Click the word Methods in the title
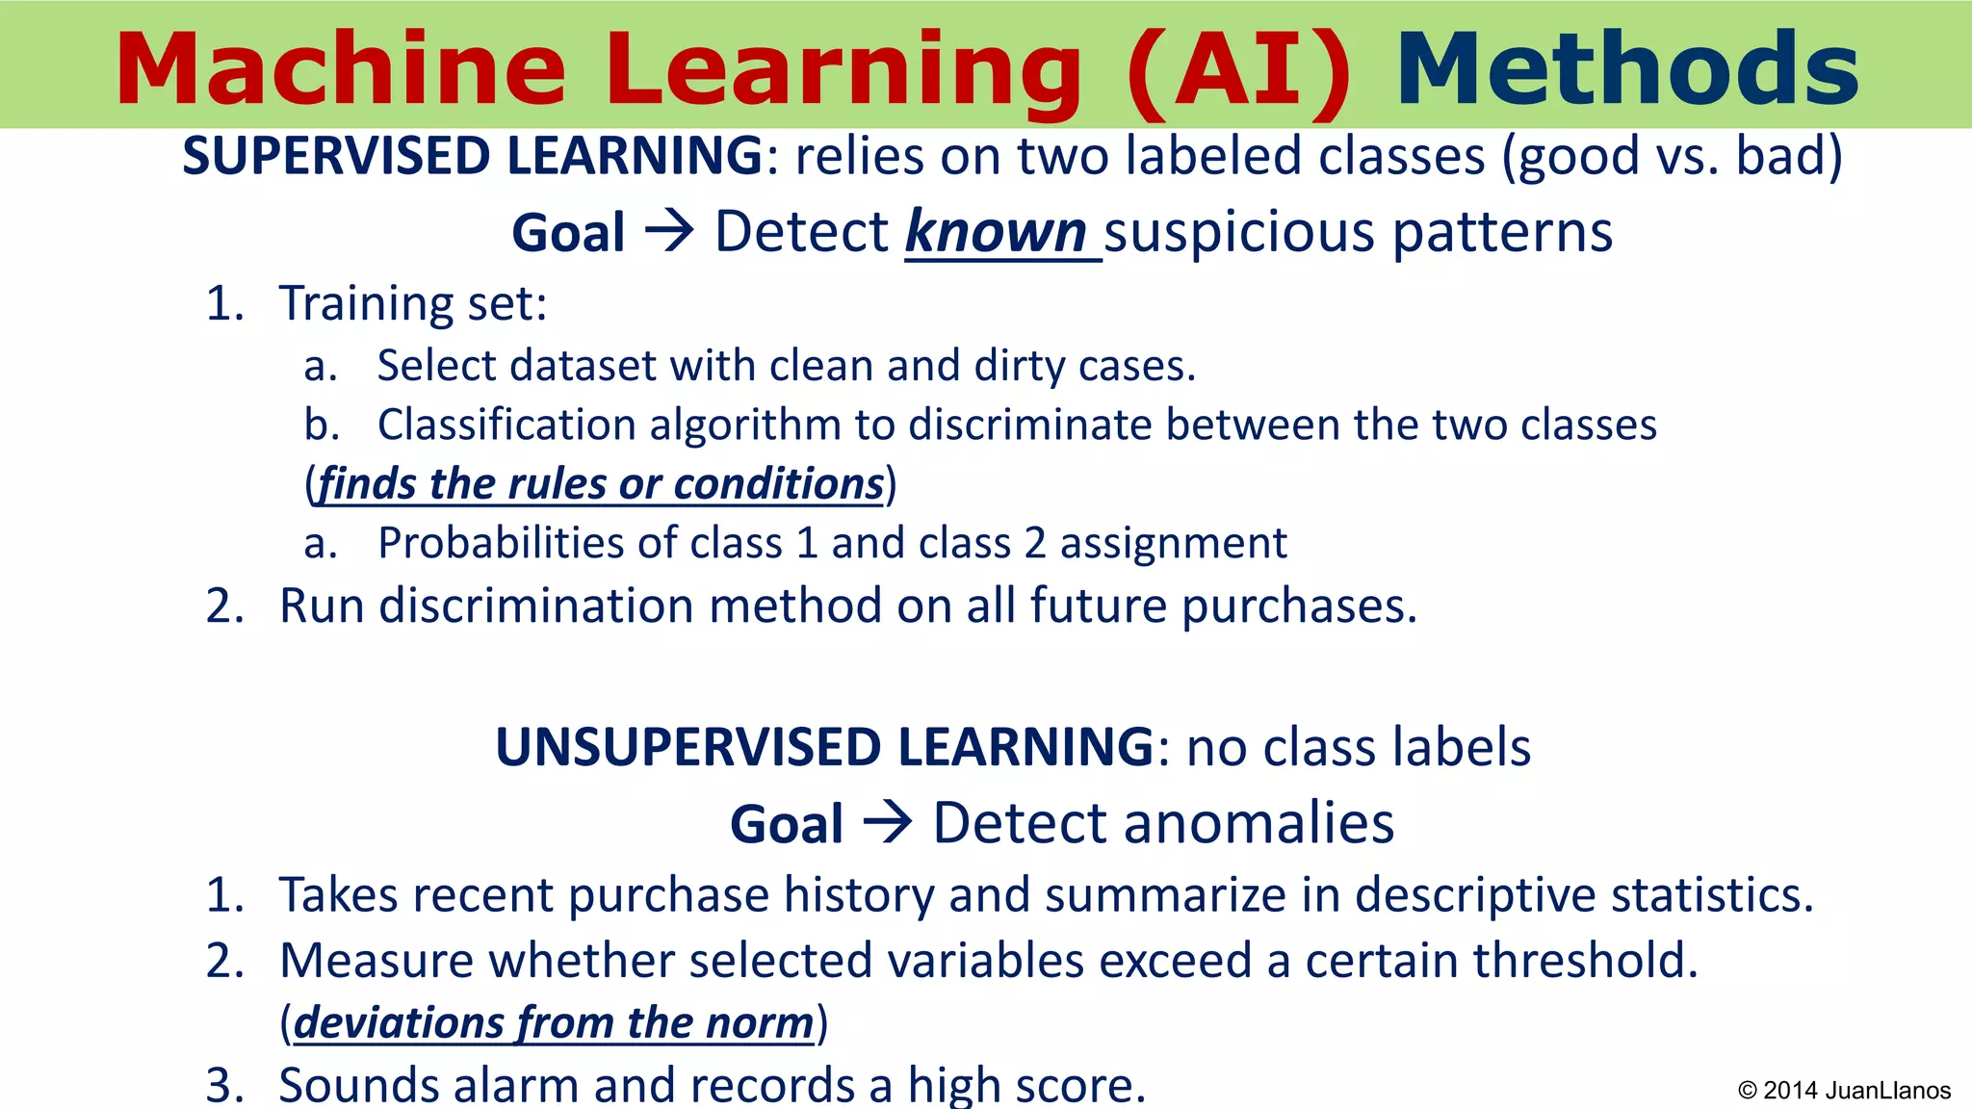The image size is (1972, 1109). click(x=1627, y=69)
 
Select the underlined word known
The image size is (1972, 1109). click(x=996, y=233)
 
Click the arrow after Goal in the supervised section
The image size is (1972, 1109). click(x=669, y=233)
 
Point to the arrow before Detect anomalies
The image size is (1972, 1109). click(x=887, y=824)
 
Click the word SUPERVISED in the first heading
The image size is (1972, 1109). click(x=338, y=156)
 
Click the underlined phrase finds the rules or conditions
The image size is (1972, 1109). click(x=601, y=483)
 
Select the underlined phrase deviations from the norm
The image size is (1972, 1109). click(x=554, y=1022)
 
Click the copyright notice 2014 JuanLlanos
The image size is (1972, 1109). click(x=1844, y=1090)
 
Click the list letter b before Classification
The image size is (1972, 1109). click(x=322, y=425)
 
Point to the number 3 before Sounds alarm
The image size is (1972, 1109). click(x=225, y=1085)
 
